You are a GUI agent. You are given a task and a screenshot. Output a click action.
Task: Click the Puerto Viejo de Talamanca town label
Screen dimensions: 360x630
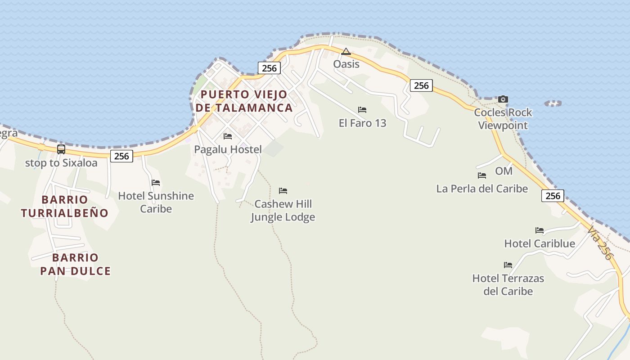[x=244, y=101]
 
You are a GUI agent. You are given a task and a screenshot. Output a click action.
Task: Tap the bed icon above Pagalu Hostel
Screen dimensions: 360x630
[x=228, y=136]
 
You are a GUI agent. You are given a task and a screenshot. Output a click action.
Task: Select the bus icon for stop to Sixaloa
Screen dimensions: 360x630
[x=61, y=149]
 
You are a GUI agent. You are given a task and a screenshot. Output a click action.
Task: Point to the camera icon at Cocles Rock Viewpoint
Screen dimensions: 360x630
[x=503, y=99]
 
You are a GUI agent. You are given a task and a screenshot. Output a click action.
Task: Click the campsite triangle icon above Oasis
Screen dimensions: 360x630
[x=346, y=51]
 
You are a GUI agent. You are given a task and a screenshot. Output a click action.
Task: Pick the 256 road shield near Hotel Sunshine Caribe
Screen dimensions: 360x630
[x=121, y=156]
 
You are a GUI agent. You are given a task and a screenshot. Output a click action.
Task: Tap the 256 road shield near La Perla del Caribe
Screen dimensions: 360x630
[x=553, y=195]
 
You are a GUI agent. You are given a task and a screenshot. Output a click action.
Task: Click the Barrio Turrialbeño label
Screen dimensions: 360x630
[x=65, y=206]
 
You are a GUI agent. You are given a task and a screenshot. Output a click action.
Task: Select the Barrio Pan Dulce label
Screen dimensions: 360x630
[x=75, y=264]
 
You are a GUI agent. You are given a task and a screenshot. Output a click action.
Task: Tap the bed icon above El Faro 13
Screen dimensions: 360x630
[x=362, y=110]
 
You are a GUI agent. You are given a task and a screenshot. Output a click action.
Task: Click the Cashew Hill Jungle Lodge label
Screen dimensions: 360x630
[x=283, y=211]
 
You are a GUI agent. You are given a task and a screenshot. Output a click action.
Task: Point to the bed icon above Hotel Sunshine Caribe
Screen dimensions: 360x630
[x=156, y=183]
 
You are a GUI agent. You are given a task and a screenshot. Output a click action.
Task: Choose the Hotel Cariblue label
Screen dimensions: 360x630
[x=540, y=243]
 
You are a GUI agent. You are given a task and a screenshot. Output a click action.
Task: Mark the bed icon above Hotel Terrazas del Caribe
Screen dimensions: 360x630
[x=508, y=265]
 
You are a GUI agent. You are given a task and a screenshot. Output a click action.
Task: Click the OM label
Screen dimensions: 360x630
[x=504, y=171]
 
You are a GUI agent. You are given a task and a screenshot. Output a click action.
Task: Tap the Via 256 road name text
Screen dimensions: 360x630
[x=600, y=243]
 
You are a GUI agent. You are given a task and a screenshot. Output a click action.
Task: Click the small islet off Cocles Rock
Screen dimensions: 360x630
[x=553, y=103]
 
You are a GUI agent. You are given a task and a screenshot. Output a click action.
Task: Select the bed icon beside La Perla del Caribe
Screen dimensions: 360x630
[x=482, y=175]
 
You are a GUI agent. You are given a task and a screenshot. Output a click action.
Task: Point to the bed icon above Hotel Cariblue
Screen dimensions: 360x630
[x=540, y=230]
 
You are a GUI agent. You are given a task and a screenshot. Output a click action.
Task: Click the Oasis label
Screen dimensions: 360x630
[x=346, y=64]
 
